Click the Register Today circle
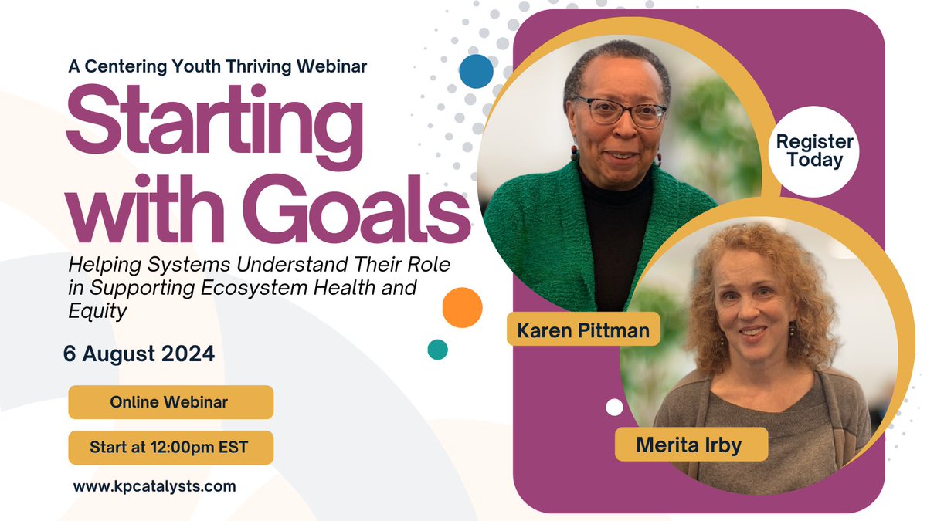point(814,151)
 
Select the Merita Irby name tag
point(691,445)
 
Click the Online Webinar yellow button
point(170,402)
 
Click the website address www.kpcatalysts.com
point(154,487)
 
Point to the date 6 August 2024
point(139,355)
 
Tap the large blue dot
point(476,70)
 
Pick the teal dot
point(437,350)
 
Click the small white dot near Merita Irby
point(614,407)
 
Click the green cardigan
point(525,232)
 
